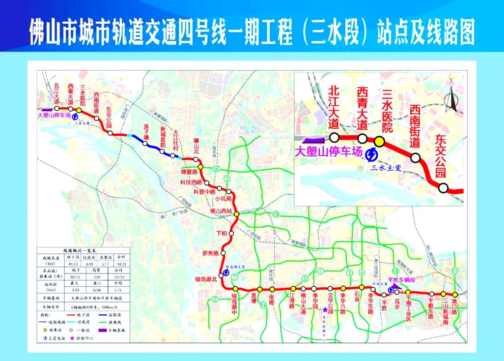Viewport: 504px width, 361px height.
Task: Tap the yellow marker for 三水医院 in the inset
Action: click(x=379, y=141)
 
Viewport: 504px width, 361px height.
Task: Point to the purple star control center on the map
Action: click(x=325, y=311)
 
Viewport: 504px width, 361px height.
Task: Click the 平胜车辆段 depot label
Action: click(x=410, y=279)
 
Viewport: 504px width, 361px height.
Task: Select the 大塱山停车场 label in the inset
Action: click(x=328, y=152)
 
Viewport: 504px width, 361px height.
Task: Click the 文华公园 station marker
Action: click(x=330, y=288)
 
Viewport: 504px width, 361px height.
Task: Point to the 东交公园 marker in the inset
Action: click(x=444, y=187)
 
